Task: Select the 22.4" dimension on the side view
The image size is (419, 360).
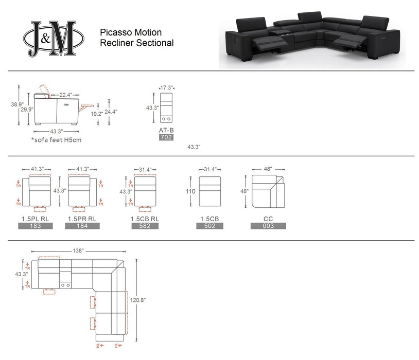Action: pos(65,95)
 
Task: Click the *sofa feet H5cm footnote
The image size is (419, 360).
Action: pos(56,139)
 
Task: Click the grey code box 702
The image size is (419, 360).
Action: pos(166,138)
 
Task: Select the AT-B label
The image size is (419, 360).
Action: pos(166,131)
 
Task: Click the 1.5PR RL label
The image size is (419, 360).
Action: pos(82,219)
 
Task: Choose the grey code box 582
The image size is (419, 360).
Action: pos(145,226)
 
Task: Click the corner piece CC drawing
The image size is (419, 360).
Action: pos(268,191)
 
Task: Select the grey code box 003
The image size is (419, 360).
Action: pos(268,226)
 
